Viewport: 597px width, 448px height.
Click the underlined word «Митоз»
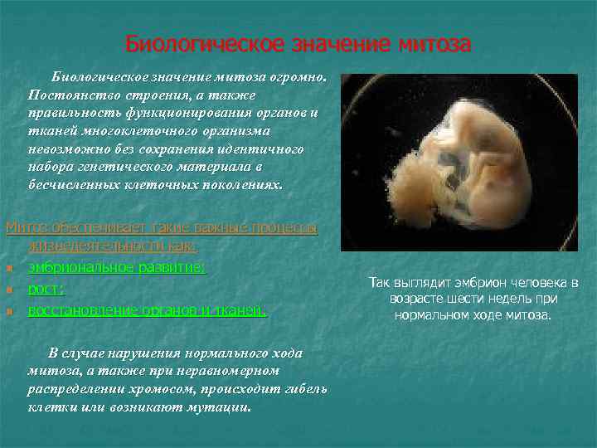[24, 227]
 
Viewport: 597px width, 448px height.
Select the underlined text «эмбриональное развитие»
[116, 268]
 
